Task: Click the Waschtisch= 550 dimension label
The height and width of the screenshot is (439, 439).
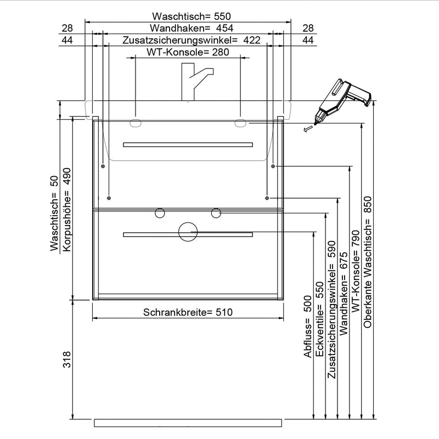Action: click(188, 16)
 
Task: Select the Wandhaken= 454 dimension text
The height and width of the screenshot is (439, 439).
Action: click(188, 28)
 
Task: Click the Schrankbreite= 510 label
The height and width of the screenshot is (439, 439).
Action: click(188, 312)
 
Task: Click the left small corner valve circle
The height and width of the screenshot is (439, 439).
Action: click(160, 212)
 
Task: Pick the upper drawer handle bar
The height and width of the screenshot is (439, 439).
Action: click(188, 145)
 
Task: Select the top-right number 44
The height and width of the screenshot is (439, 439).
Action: click(308, 40)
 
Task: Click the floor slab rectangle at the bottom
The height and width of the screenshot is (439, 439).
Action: click(188, 423)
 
